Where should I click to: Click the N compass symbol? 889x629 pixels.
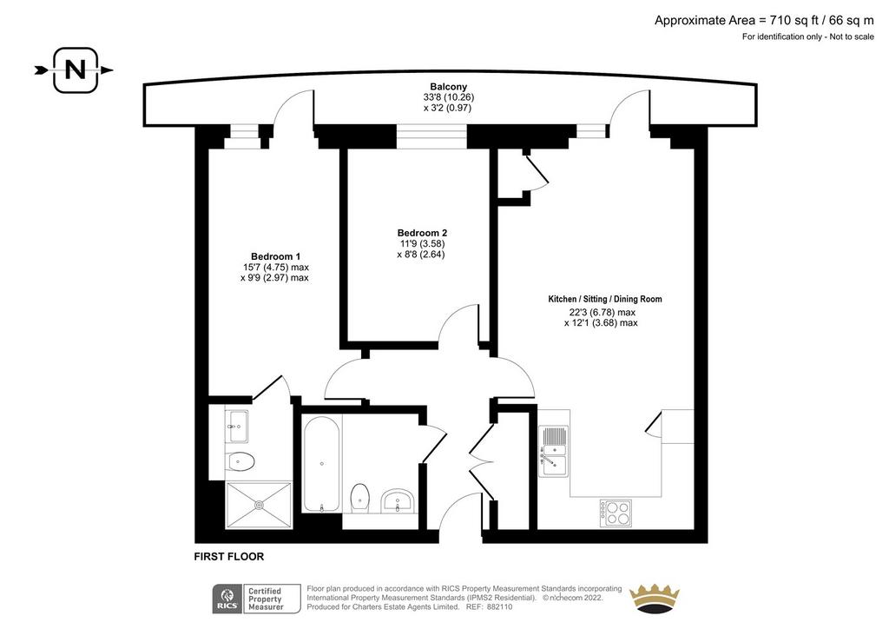(76, 70)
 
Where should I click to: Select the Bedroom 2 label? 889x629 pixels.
(422, 233)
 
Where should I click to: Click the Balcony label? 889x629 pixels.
(449, 87)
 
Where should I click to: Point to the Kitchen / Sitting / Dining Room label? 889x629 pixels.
(605, 299)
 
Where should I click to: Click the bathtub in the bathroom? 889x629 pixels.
(321, 464)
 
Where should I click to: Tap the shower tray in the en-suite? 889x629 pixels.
(259, 505)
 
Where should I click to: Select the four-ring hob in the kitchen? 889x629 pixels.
(616, 513)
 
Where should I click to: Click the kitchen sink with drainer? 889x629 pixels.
(553, 451)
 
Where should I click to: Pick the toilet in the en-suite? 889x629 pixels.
(240, 461)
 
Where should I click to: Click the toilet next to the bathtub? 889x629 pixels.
(359, 498)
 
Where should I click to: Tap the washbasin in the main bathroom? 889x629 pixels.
(398, 500)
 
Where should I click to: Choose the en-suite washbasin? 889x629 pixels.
(237, 426)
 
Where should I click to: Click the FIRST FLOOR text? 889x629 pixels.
(229, 557)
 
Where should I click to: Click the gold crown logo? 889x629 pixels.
(655, 598)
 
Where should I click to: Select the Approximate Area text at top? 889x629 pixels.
(764, 21)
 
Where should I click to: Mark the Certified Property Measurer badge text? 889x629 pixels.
(266, 599)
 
